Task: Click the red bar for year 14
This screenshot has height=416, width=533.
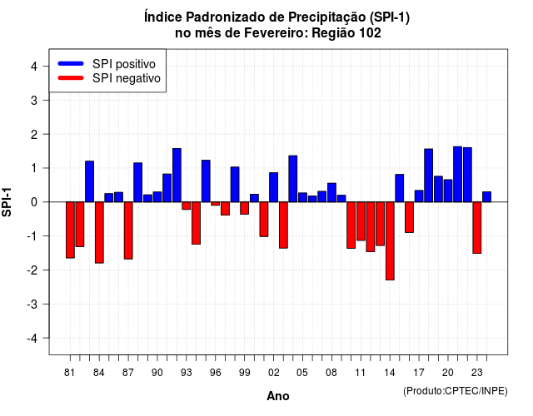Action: click(390, 240)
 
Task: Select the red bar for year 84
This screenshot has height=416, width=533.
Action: click(99, 232)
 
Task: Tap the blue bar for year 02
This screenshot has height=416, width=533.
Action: click(274, 187)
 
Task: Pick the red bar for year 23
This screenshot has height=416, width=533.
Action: click(477, 227)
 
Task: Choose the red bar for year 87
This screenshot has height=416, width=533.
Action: click(128, 230)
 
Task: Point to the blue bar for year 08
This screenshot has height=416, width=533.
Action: click(331, 192)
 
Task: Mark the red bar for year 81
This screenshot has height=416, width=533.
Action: click(70, 230)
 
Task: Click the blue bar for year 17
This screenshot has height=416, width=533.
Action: click(419, 196)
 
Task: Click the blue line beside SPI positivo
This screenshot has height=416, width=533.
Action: click(71, 63)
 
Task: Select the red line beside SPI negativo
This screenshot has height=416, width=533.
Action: click(71, 77)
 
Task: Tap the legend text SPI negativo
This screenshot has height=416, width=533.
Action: click(126, 78)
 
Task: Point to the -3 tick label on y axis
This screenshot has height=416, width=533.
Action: click(32, 305)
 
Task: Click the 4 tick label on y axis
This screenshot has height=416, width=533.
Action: click(34, 67)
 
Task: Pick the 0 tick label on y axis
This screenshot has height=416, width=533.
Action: click(34, 202)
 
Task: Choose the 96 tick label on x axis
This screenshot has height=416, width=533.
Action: click(215, 373)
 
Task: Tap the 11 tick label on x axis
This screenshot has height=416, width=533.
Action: click(361, 373)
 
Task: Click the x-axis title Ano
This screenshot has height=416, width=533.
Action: click(278, 396)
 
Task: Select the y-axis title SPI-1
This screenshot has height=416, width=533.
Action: click(7, 202)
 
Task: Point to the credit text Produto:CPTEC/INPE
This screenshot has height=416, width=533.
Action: click(456, 391)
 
